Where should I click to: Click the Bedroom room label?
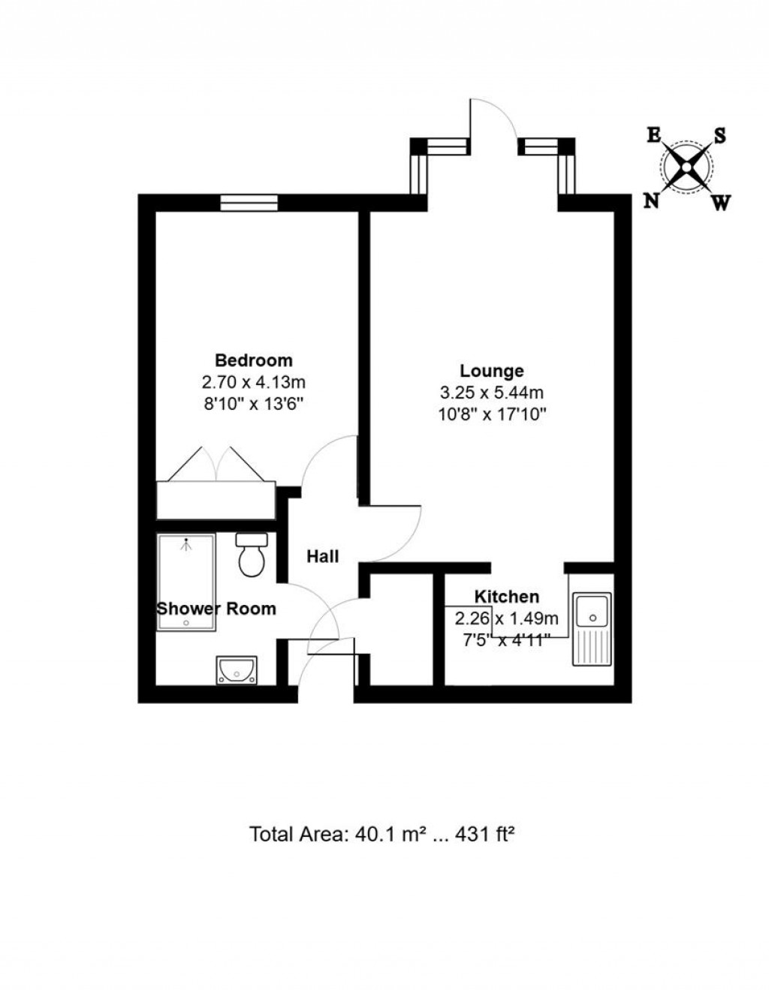[x=253, y=360]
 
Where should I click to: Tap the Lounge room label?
[x=492, y=371]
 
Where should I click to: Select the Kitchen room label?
[x=507, y=597]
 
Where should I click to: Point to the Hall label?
[x=322, y=556]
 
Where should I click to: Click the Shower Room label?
[x=216, y=609]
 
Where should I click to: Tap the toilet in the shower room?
[x=252, y=555]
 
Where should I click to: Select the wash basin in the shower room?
[x=237, y=670]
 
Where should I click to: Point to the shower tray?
[x=186, y=570]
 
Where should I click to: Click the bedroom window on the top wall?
[x=249, y=202]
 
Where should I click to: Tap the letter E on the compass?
[x=654, y=135]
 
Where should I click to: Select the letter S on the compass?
[x=719, y=135]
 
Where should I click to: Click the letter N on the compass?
[x=651, y=201]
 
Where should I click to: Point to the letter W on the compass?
[x=720, y=202]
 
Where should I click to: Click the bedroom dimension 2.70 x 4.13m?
[x=253, y=382]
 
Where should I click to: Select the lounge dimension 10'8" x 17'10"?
[x=492, y=414]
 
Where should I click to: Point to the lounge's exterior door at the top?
[x=493, y=120]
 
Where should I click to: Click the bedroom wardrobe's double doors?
[x=216, y=465]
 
